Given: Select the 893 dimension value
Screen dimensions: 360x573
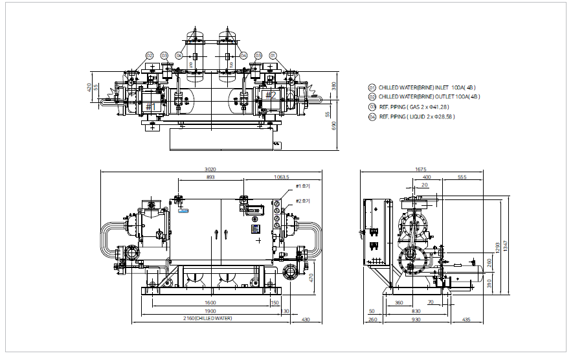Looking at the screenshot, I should tap(210, 176).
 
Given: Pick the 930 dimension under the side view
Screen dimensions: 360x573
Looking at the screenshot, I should tap(416, 319).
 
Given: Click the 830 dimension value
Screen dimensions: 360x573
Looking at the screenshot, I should tap(416, 311).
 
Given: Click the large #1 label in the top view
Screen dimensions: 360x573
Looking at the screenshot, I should tap(152, 106).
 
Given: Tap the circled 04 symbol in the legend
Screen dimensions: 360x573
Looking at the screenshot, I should tap(372, 117).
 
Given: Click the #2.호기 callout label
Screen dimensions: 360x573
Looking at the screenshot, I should tap(302, 201).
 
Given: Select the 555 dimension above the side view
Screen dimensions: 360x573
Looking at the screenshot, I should tap(462, 176).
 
